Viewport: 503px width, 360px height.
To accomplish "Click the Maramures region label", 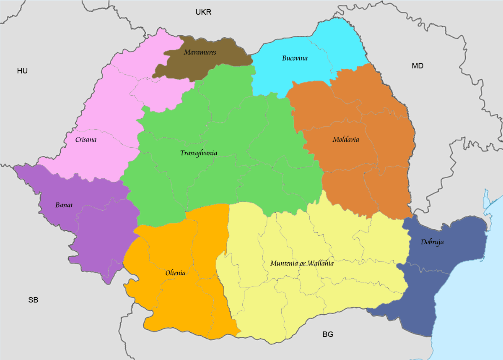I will pyautogui.click(x=200, y=52).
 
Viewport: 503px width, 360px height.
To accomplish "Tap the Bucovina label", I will pyautogui.click(x=295, y=58).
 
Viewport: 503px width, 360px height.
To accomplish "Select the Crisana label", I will pyautogui.click(x=86, y=139).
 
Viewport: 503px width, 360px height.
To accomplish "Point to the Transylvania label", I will pyautogui.click(x=199, y=153).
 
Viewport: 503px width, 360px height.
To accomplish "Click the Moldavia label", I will pyautogui.click(x=345, y=139).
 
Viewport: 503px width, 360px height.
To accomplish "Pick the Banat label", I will pyautogui.click(x=64, y=205).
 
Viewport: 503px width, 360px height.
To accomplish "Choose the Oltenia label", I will pyautogui.click(x=175, y=273).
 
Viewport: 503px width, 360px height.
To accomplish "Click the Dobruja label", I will pyautogui.click(x=432, y=242).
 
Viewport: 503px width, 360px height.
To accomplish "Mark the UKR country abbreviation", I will pyautogui.click(x=204, y=12).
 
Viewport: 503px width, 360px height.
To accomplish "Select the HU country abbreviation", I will pyautogui.click(x=22, y=71).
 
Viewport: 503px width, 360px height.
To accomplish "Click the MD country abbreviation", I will pyautogui.click(x=417, y=66).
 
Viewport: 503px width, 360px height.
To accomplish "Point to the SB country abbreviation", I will pyautogui.click(x=33, y=300).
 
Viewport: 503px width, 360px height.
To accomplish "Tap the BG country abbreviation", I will pyautogui.click(x=328, y=334).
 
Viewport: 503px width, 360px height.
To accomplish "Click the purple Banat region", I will pyautogui.click(x=101, y=235).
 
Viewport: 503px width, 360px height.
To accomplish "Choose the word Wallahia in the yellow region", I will pyautogui.click(x=320, y=263).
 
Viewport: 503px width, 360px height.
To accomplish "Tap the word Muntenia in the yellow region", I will pyautogui.click(x=284, y=263).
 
